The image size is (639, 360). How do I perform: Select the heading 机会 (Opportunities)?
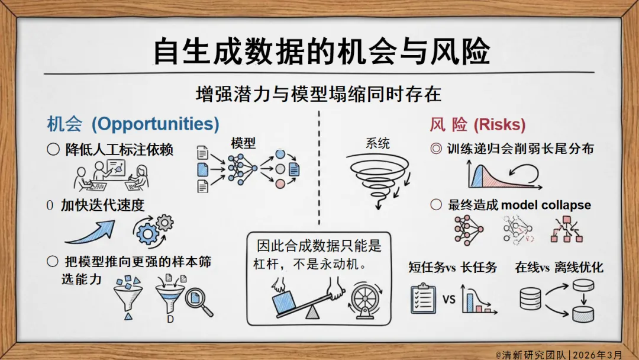pyautogui.click(x=133, y=124)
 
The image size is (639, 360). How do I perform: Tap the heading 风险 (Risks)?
pyautogui.click(x=477, y=124)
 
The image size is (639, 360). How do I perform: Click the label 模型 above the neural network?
pyautogui.click(x=243, y=143)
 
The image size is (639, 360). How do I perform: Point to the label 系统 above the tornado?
pyautogui.click(x=377, y=143)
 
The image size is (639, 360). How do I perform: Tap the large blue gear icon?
pyautogui.click(x=147, y=232)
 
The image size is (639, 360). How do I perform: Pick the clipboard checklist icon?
pyautogui.click(x=423, y=298)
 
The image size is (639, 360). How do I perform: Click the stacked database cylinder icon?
pyautogui.click(x=531, y=298)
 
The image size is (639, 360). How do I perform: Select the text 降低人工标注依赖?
pyautogui.click(x=119, y=150)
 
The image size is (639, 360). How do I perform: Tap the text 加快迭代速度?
pyautogui.click(x=102, y=205)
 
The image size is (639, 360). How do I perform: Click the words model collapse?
pyautogui.click(x=546, y=205)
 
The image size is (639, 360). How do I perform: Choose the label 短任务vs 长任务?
pyautogui.click(x=453, y=267)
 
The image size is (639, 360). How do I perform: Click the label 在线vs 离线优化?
pyautogui.click(x=559, y=267)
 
